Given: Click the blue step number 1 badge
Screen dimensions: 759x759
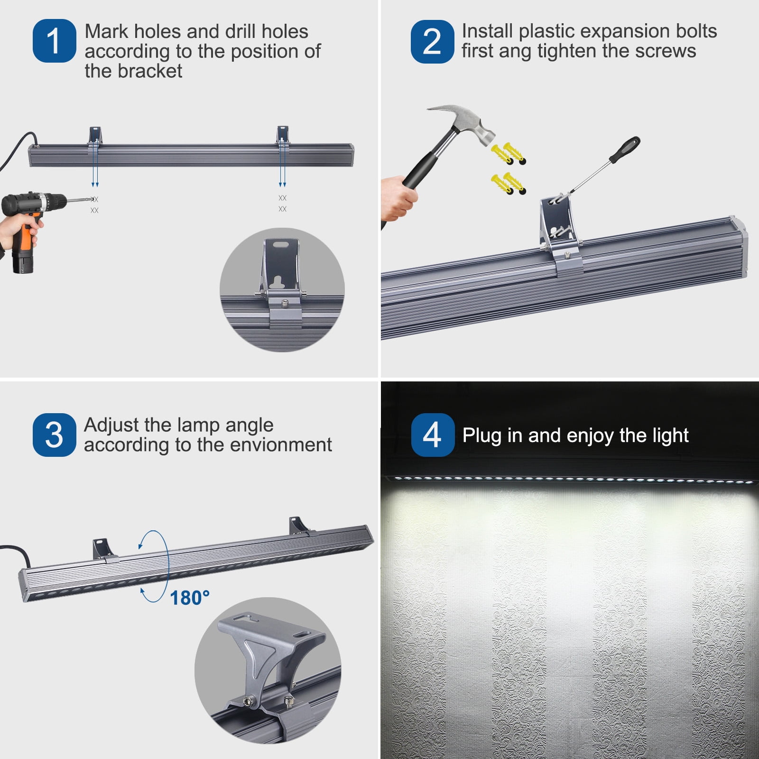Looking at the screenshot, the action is (54, 41).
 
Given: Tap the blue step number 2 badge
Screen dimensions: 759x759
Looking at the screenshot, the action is (432, 41).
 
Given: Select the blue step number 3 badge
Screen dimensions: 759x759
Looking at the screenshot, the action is (54, 435).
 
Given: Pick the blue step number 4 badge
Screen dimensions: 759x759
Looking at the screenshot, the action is (433, 435).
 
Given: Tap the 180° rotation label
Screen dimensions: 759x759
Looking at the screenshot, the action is (190, 598).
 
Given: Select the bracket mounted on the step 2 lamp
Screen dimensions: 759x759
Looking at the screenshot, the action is (560, 237).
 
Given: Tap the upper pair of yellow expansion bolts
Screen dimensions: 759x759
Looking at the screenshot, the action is (509, 153).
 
